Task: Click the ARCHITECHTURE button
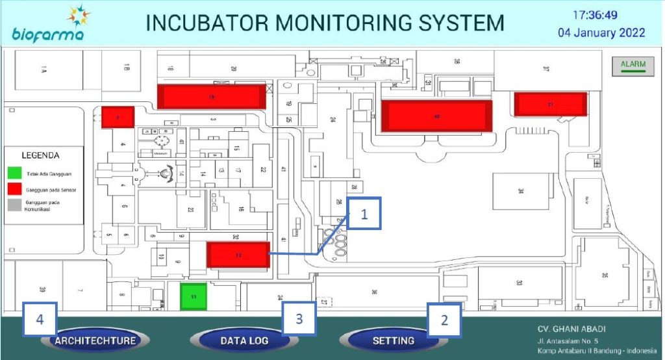[x=95, y=341]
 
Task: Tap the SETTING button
[x=393, y=341]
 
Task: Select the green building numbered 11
[x=194, y=296]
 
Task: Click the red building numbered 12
[x=238, y=255]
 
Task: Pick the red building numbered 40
[x=436, y=116]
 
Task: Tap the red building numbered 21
[x=550, y=104]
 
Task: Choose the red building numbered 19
[x=212, y=97]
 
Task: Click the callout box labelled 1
[x=364, y=215]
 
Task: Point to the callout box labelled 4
[x=40, y=320]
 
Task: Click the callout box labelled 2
[x=444, y=320]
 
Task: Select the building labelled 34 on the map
[x=520, y=191]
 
